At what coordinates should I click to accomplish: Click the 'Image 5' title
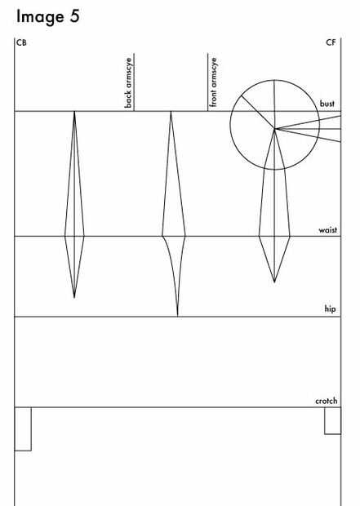coord(48,17)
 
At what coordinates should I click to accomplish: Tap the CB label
coord(21,42)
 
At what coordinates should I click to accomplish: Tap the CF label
coord(331,42)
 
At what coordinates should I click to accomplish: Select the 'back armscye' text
coord(128,82)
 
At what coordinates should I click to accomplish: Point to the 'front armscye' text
coord(213,82)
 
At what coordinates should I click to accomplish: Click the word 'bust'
coord(327,104)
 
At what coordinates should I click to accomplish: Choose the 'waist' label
coord(327,230)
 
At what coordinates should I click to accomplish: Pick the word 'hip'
coord(330,308)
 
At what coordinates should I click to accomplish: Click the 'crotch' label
coord(326,401)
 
